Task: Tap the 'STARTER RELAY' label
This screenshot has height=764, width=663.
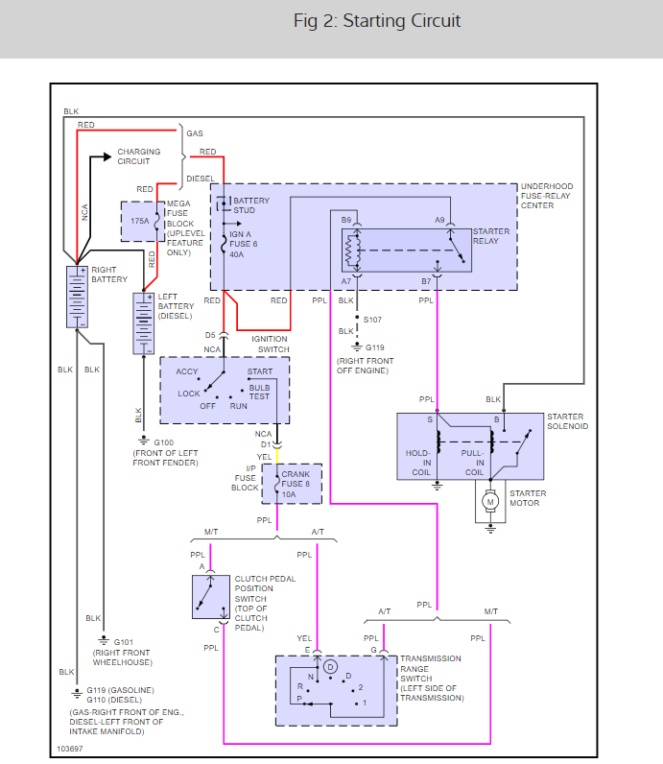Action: click(491, 236)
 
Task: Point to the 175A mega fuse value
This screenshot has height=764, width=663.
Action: click(139, 220)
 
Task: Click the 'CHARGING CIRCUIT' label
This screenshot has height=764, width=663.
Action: click(139, 156)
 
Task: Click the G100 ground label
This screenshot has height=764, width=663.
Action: click(151, 442)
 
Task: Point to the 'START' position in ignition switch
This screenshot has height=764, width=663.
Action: click(259, 371)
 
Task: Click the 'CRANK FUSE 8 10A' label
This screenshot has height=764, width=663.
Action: click(296, 484)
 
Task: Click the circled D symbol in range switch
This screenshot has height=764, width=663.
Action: click(330, 666)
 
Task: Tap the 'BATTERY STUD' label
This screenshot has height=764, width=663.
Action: click(251, 205)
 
